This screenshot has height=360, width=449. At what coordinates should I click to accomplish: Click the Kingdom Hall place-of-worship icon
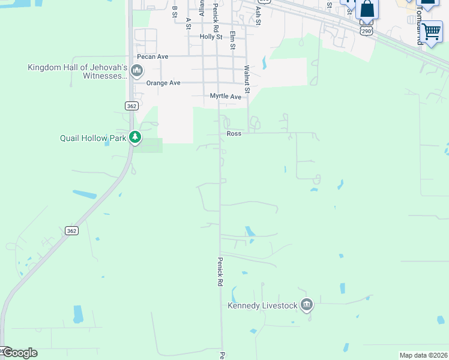(x=136, y=71)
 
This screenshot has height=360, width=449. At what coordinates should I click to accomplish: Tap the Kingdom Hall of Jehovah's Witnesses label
(x=78, y=71)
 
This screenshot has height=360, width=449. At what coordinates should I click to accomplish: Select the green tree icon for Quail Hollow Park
(x=136, y=138)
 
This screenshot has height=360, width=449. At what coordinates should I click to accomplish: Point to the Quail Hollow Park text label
(x=93, y=138)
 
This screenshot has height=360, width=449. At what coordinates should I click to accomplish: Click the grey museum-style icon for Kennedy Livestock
(x=307, y=305)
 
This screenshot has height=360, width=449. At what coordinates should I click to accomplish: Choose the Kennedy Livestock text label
(x=262, y=305)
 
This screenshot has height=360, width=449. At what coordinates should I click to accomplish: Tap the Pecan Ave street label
(x=152, y=56)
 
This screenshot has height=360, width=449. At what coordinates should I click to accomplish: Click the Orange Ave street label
(x=166, y=83)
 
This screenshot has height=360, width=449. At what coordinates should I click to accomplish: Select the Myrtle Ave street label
(x=225, y=96)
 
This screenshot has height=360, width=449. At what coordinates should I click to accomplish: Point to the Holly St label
(x=211, y=37)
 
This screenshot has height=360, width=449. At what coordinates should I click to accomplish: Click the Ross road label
(x=234, y=133)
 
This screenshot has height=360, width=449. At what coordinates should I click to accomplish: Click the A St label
(x=188, y=23)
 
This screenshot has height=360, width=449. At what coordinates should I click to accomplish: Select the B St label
(x=175, y=11)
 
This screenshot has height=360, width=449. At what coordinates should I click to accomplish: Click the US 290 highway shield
(x=367, y=29)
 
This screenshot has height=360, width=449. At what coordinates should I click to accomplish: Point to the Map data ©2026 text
(x=423, y=355)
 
